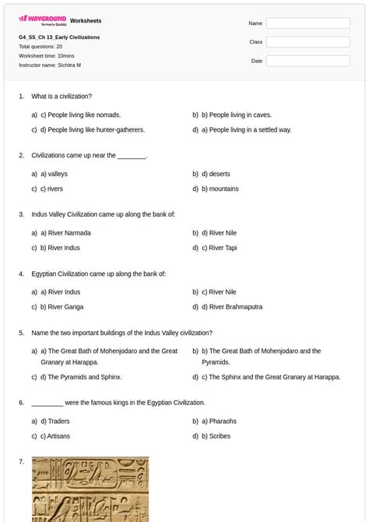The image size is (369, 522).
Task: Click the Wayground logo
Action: pyautogui.click(x=43, y=20)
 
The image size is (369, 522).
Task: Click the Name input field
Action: pyautogui.click(x=307, y=23)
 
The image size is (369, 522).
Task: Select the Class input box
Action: pyautogui.click(x=307, y=42)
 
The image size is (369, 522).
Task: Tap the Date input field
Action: pyautogui.click(x=307, y=61)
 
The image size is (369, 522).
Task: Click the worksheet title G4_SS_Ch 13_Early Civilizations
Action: pyautogui.click(x=59, y=37)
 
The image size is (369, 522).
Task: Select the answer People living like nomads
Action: pyautogui.click(x=80, y=115)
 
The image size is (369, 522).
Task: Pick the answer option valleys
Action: pyautogui.click(x=58, y=175)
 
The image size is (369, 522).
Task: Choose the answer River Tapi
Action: pyautogui.click(x=223, y=248)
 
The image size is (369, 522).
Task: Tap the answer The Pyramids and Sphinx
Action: pyautogui.click(x=81, y=377)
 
